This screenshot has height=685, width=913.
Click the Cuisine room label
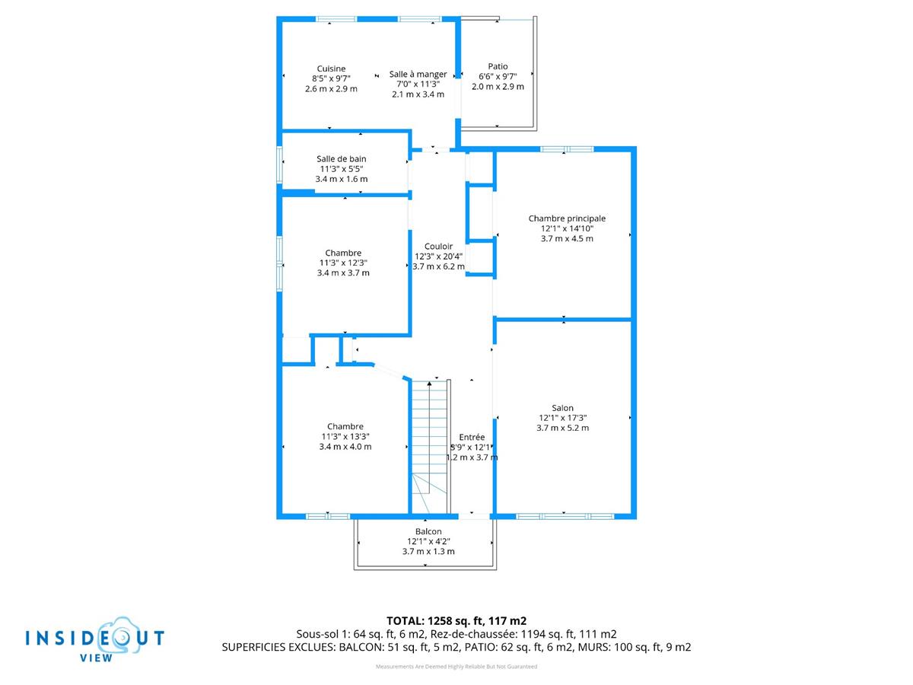tap(331, 68)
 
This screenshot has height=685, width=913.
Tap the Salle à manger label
tap(418, 74)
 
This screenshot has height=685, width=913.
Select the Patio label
tap(498, 66)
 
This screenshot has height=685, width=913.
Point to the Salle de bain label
tap(341, 159)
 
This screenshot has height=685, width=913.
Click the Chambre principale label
tap(567, 218)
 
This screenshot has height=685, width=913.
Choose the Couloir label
tap(439, 247)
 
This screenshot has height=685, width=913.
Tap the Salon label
tap(563, 408)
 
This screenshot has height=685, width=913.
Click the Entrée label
tap(472, 438)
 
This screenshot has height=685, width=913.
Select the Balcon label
tap(428, 532)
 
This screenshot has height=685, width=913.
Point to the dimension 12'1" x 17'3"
tap(563, 418)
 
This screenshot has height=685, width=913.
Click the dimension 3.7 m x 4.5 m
tap(567, 238)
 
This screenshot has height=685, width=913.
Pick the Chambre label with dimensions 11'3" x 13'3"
tap(345, 426)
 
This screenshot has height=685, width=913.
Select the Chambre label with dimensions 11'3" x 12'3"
tap(343, 253)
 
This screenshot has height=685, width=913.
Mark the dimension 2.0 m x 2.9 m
tap(498, 86)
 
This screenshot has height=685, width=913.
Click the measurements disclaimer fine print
tap(456, 667)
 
